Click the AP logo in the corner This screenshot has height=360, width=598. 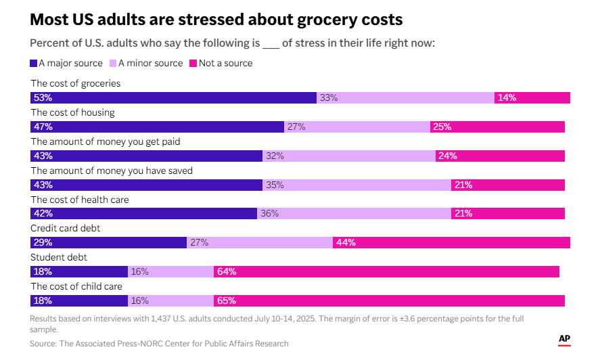564,339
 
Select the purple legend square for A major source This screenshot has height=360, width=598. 34,63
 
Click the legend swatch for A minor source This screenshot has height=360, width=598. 113,63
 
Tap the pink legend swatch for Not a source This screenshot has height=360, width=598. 193,63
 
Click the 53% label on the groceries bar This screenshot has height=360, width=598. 43,97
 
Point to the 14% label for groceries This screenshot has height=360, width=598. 507,97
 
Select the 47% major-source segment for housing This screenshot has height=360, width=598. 158,127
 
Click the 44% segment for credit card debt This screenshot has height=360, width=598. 451,242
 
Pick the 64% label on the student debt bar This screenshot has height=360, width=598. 226,271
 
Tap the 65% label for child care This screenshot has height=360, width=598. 226,300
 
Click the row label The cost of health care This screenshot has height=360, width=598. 80,200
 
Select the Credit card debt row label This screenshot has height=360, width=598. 66,229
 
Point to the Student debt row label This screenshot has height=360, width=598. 59,257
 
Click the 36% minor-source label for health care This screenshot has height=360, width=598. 270,213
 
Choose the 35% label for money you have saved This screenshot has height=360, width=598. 275,185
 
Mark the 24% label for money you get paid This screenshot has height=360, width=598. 447,156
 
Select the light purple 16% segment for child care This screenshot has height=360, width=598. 170,300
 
